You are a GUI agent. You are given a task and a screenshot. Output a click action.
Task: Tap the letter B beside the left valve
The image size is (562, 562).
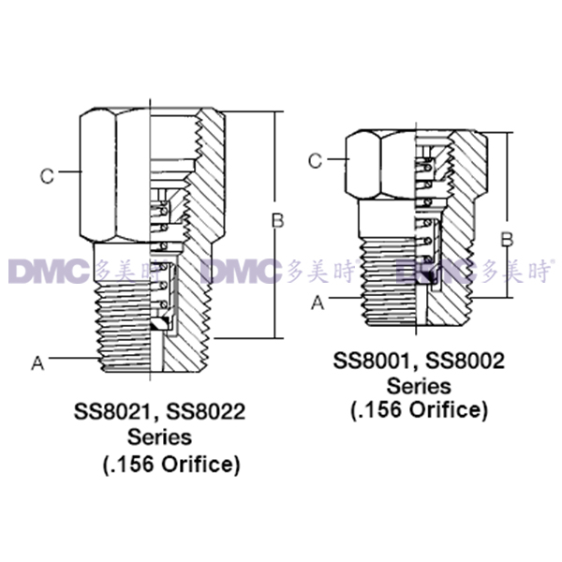pyautogui.click(x=276, y=221)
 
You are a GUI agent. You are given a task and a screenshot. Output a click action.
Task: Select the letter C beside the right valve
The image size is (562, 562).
pyautogui.click(x=316, y=161)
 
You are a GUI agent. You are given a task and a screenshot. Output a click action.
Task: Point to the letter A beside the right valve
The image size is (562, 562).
pyautogui.click(x=318, y=303)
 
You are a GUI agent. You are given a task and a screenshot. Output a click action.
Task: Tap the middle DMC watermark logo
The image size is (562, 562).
pyautogui.click(x=242, y=272)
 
